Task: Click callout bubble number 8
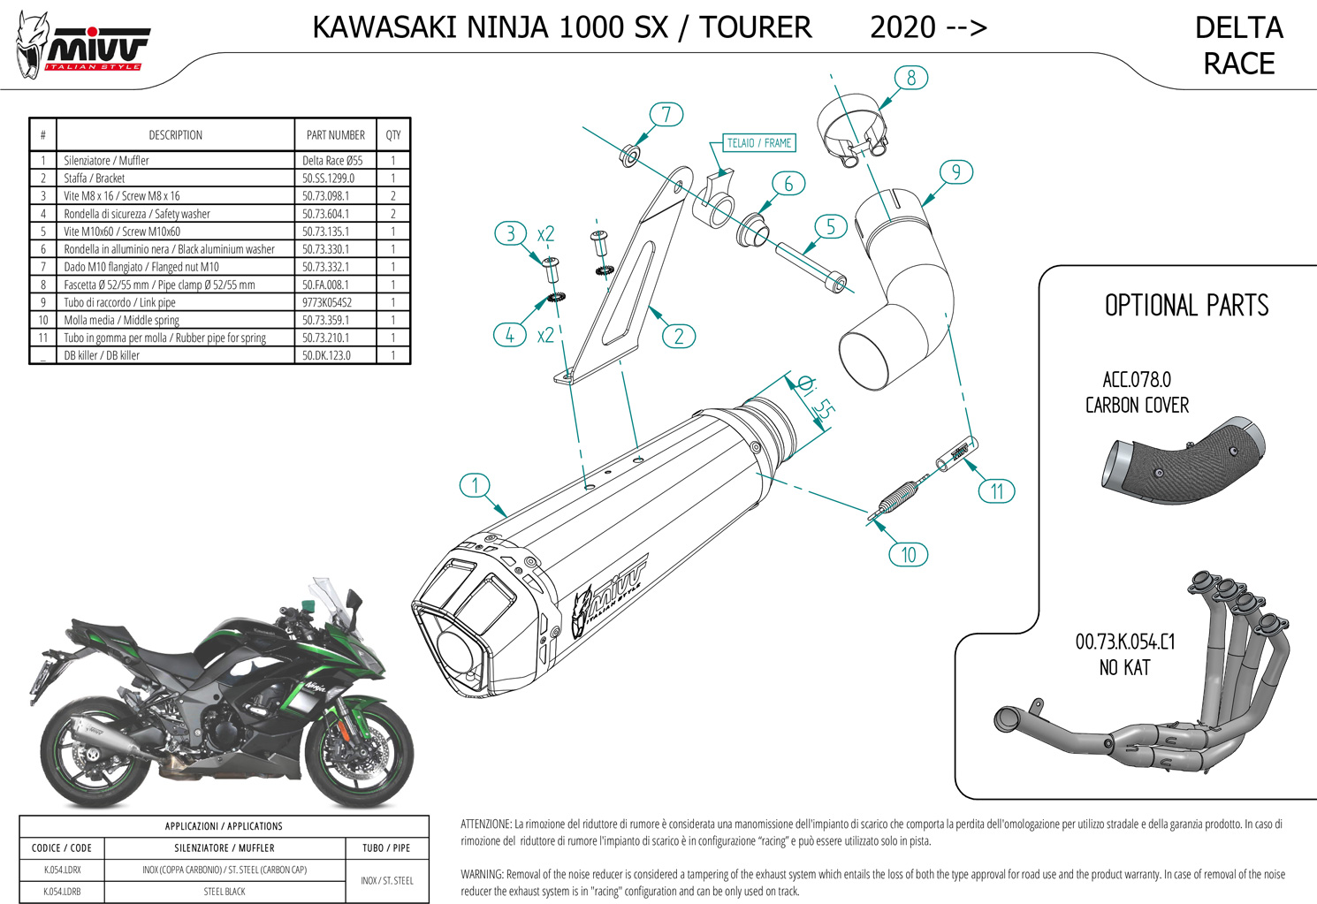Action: [x=910, y=78]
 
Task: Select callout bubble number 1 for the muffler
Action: [x=476, y=485]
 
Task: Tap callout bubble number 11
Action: [x=996, y=491]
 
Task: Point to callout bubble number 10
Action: [x=908, y=555]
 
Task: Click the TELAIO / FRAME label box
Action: [x=758, y=143]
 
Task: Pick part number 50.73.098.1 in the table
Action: [x=325, y=196]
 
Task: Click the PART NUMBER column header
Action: [x=335, y=135]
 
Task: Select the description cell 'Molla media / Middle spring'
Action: [x=121, y=320]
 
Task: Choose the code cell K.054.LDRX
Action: [x=62, y=870]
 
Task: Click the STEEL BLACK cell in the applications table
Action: [x=225, y=892]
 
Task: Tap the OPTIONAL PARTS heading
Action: [x=1186, y=306]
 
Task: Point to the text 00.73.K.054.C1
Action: [x=1124, y=642]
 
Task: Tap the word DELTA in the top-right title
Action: [x=1238, y=28]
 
